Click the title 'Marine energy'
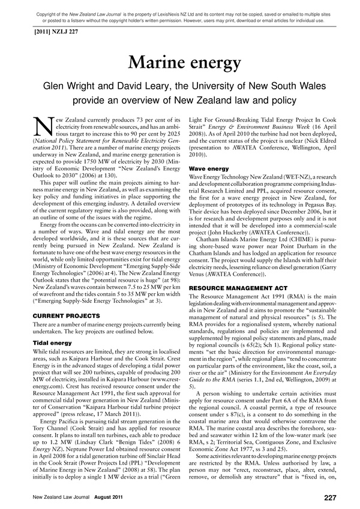coord(179,62)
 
